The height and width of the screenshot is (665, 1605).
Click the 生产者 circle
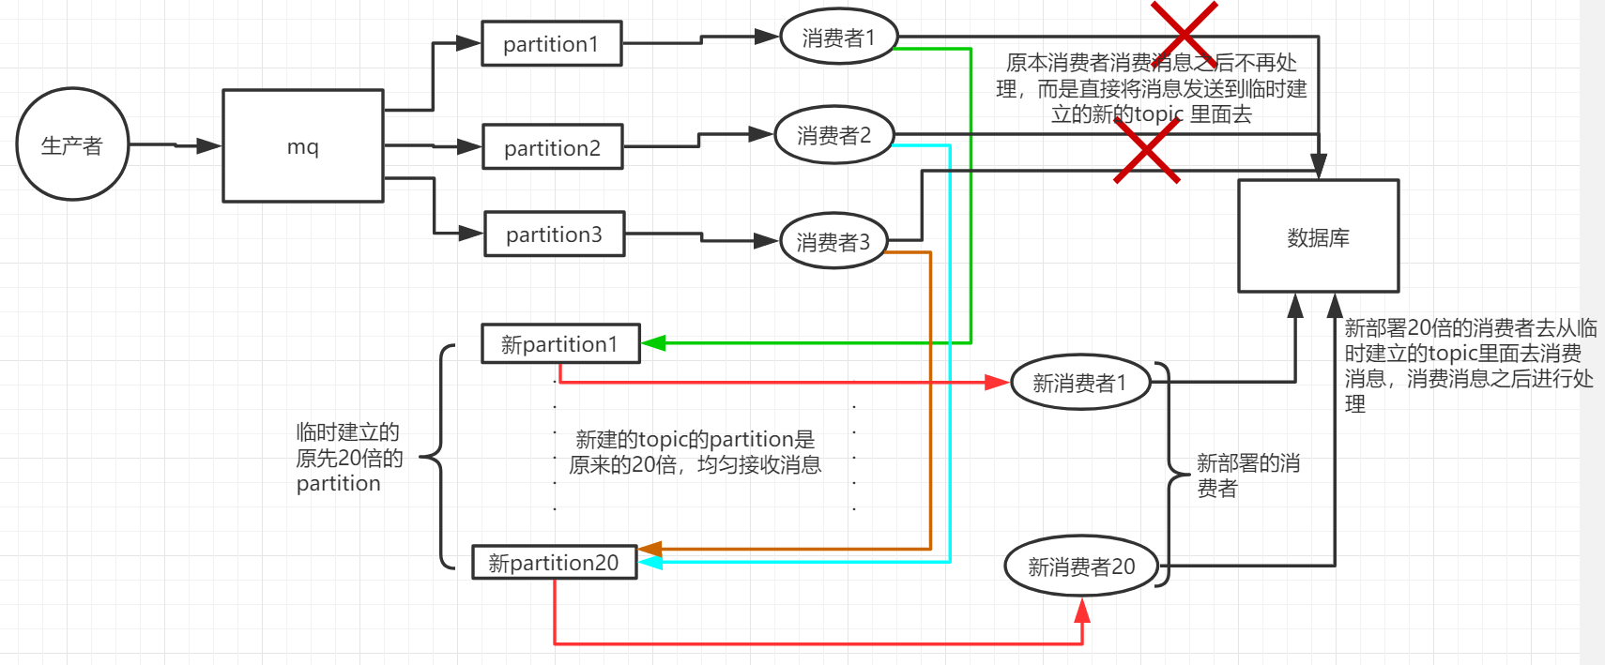(72, 144)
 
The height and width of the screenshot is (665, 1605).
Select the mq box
(302, 146)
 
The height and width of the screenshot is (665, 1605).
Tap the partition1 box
(551, 44)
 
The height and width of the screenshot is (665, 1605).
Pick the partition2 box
(552, 147)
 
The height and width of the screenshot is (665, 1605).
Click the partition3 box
(554, 234)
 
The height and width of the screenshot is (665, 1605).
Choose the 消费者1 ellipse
(838, 38)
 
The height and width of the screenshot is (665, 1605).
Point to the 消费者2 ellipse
(833, 135)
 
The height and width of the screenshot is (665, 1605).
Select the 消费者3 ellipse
(833, 242)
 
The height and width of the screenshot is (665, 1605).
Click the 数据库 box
(1318, 237)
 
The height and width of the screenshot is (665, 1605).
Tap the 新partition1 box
(559, 344)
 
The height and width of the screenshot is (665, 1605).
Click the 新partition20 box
(554, 563)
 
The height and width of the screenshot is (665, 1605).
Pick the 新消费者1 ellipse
(1079, 383)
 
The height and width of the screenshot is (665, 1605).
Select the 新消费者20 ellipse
(1081, 567)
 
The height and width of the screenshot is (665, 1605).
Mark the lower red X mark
(1146, 150)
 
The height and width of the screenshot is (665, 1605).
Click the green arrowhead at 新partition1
(653, 343)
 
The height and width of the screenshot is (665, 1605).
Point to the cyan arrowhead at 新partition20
(650, 562)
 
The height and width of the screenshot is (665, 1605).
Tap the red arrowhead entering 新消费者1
(998, 383)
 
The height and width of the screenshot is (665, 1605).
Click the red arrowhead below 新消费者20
(1082, 611)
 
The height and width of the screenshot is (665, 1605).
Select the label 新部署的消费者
(1247, 476)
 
